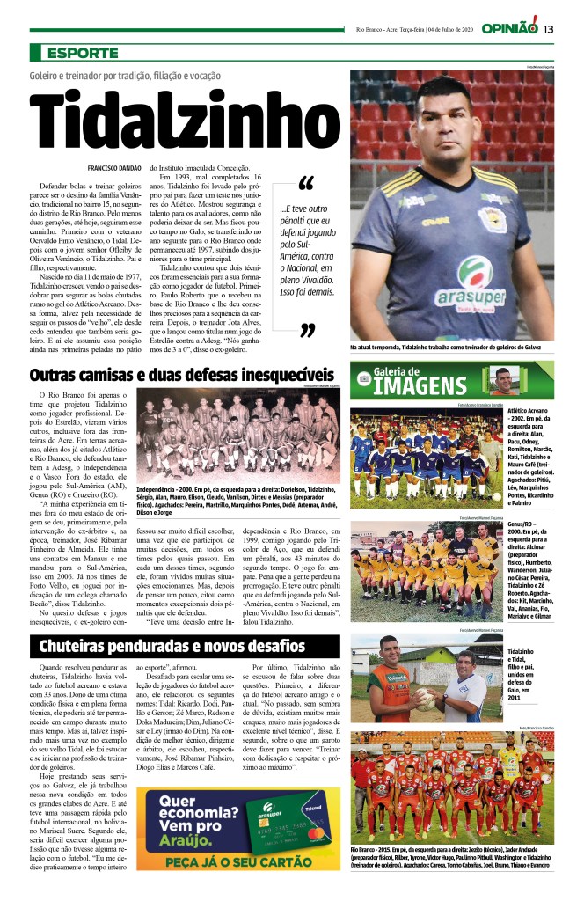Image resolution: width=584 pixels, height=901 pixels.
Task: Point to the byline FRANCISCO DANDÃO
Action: [114, 167]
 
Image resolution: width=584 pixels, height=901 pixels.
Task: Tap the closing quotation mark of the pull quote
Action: [307, 331]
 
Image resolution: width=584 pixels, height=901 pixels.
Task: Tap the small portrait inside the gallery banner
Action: [502, 380]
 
